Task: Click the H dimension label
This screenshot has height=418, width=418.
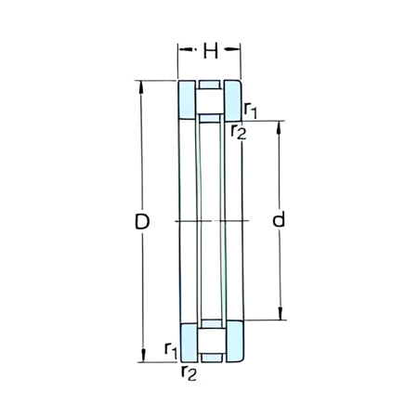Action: (x=210, y=52)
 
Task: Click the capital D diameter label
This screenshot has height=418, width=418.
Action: (x=142, y=222)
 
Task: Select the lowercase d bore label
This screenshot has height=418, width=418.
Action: (x=278, y=221)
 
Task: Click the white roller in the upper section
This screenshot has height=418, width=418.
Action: (x=209, y=100)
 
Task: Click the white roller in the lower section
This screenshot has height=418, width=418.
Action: (x=209, y=342)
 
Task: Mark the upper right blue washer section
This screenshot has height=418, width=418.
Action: (x=231, y=100)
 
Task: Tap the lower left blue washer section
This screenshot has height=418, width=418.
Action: (x=187, y=342)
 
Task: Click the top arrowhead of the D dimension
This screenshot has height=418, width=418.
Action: (x=142, y=86)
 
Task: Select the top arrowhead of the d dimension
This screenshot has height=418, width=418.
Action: (x=278, y=125)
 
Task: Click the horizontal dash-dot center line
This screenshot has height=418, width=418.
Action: (x=209, y=221)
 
